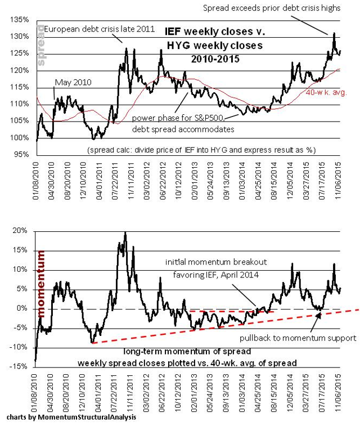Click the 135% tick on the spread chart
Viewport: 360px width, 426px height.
pyautogui.click(x=21, y=20)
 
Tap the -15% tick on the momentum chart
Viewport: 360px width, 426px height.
pyautogui.click(x=21, y=367)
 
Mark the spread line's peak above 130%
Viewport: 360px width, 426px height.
pyautogui.click(x=334, y=33)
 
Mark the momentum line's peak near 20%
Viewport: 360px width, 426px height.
pyautogui.click(x=125, y=232)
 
